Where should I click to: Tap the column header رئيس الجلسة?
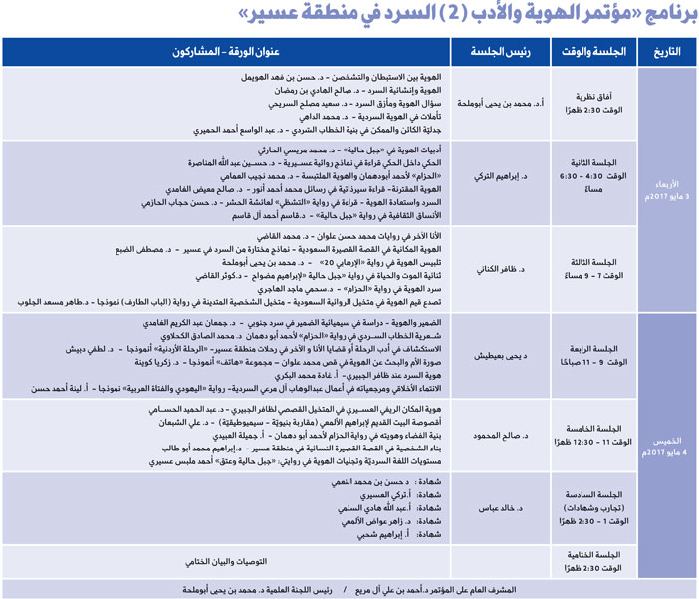pyautogui.click(x=501, y=52)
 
